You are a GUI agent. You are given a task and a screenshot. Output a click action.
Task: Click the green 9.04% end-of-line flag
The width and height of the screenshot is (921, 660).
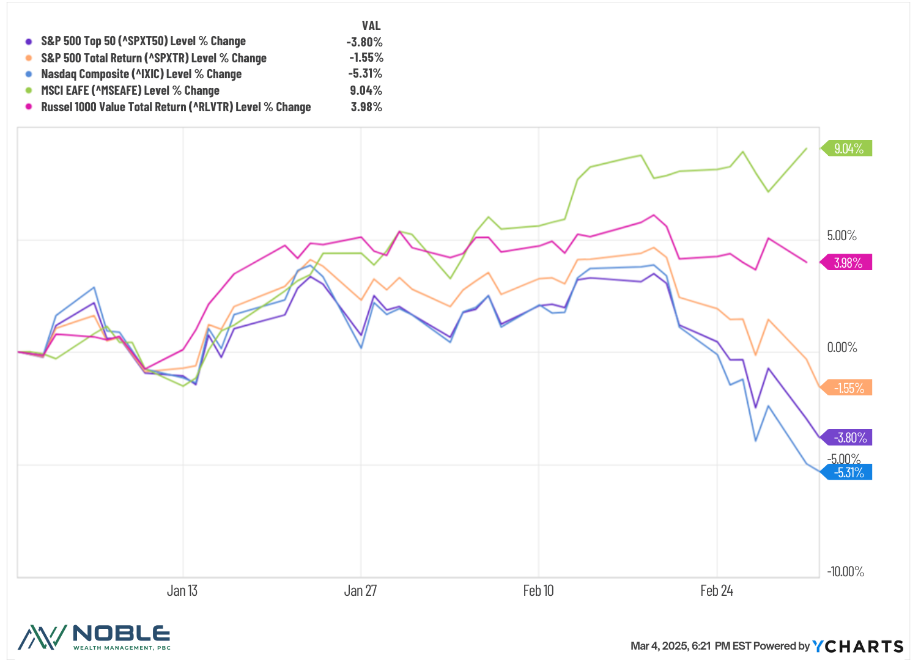[848, 148]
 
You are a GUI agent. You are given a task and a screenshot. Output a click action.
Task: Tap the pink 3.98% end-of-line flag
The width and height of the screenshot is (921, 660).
[848, 263]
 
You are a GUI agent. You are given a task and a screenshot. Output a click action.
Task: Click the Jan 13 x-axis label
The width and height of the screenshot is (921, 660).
[182, 590]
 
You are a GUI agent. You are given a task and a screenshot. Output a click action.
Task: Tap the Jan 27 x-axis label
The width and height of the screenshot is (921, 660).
[360, 590]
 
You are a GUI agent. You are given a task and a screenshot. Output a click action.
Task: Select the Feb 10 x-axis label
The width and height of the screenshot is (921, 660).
[538, 590]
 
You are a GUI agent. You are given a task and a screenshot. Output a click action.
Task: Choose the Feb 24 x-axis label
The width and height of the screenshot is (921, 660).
[716, 590]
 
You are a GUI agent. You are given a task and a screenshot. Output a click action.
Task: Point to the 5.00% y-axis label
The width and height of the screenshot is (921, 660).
[841, 236]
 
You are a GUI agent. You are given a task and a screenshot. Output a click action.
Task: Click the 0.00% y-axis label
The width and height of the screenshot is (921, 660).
[841, 348]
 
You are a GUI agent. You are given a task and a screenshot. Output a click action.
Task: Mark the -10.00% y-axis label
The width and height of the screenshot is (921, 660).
[845, 571]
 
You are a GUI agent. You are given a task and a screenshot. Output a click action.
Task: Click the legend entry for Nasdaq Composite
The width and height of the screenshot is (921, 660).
[141, 74]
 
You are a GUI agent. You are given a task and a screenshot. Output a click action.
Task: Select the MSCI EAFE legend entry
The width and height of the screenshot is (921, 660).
[130, 90]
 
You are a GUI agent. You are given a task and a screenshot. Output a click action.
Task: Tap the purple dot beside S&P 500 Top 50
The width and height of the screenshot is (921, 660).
[29, 42]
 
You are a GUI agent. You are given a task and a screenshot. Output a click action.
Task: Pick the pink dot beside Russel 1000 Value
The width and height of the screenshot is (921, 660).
[29, 107]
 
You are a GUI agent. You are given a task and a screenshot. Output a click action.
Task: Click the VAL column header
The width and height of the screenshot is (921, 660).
[371, 26]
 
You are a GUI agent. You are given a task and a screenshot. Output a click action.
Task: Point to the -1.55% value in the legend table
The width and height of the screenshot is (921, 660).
[366, 57]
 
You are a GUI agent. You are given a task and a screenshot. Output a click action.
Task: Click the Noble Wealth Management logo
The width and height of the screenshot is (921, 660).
[94, 637]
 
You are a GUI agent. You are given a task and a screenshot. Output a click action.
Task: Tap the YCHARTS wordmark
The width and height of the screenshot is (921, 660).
[857, 646]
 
